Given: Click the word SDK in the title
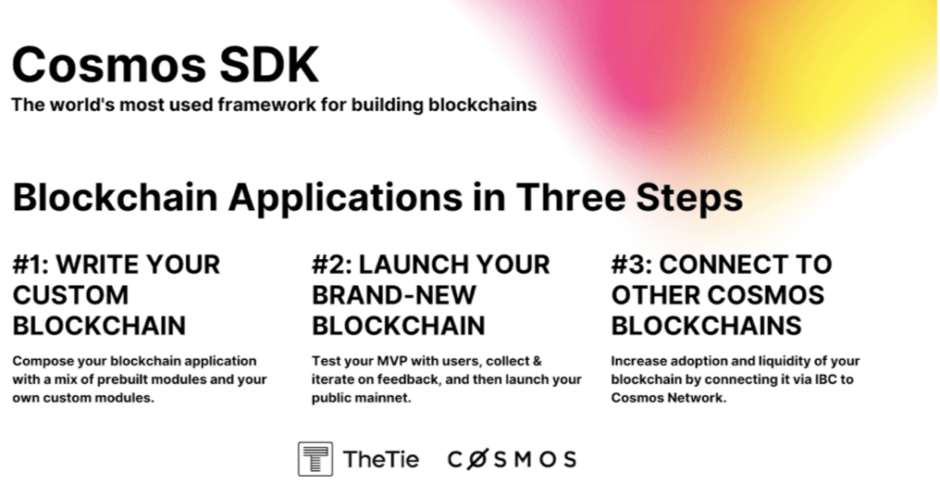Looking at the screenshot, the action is (x=269, y=64).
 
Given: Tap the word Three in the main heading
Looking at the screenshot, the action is (x=571, y=197).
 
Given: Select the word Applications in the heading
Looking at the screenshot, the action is (x=345, y=197).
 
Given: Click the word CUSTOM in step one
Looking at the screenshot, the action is (x=71, y=295).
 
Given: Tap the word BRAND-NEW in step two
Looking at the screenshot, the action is (x=394, y=295).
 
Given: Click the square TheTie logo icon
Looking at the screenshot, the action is (x=316, y=459).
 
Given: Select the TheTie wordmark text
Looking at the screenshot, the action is (x=381, y=459).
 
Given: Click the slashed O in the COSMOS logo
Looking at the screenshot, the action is (x=476, y=459).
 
